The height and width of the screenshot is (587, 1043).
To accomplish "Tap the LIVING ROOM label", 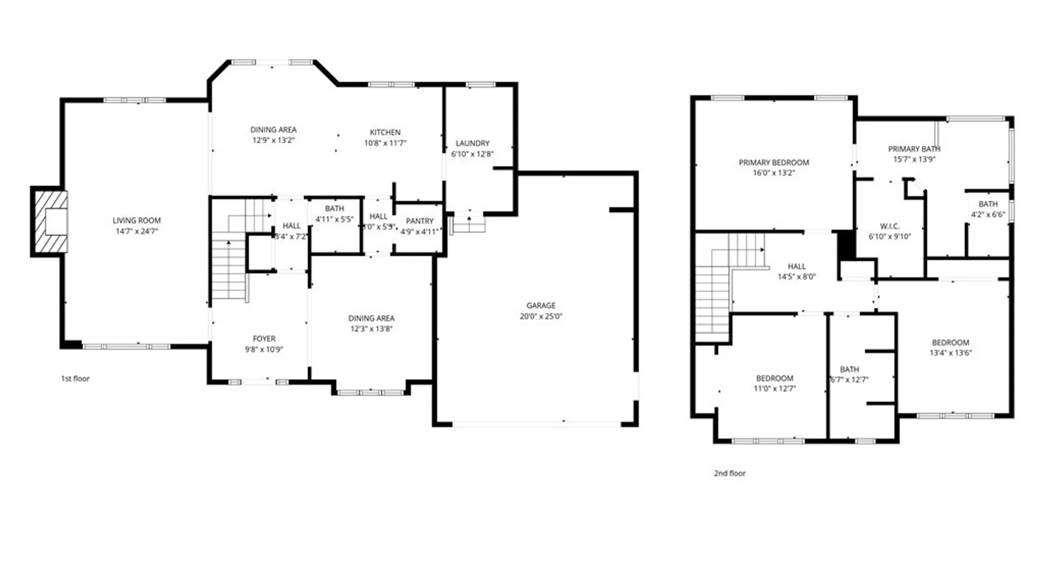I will pos(136,221).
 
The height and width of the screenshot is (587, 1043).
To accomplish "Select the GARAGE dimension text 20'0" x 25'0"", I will pos(541,316).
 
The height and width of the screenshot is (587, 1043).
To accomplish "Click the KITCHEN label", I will pos(385,132).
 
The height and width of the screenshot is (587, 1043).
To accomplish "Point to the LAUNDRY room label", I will pos(472,143).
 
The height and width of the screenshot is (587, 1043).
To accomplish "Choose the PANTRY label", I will pos(419,221).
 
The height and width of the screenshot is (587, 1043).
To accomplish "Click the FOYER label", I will pos(264,339).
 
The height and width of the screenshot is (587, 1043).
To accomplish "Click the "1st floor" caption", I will pos(75,379).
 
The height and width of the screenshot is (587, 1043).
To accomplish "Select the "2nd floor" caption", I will pos(730,473).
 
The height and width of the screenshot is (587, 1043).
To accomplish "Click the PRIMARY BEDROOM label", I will pos(774,163).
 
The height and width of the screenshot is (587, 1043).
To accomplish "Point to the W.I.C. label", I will pos(889,226).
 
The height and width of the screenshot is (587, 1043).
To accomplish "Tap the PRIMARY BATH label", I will pos(914,149).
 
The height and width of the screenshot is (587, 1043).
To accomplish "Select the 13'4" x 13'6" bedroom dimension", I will pos(950,353).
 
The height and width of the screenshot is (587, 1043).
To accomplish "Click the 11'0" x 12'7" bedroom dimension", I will pos(774,389).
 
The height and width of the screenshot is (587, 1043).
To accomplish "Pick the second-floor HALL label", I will pos(796,266).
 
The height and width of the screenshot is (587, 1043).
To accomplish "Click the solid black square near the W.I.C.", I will pos(845,245).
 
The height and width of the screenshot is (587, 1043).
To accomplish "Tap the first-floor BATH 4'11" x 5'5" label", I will pos(334,209).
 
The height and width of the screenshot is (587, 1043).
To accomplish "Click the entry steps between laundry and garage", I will pos(468,223).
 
